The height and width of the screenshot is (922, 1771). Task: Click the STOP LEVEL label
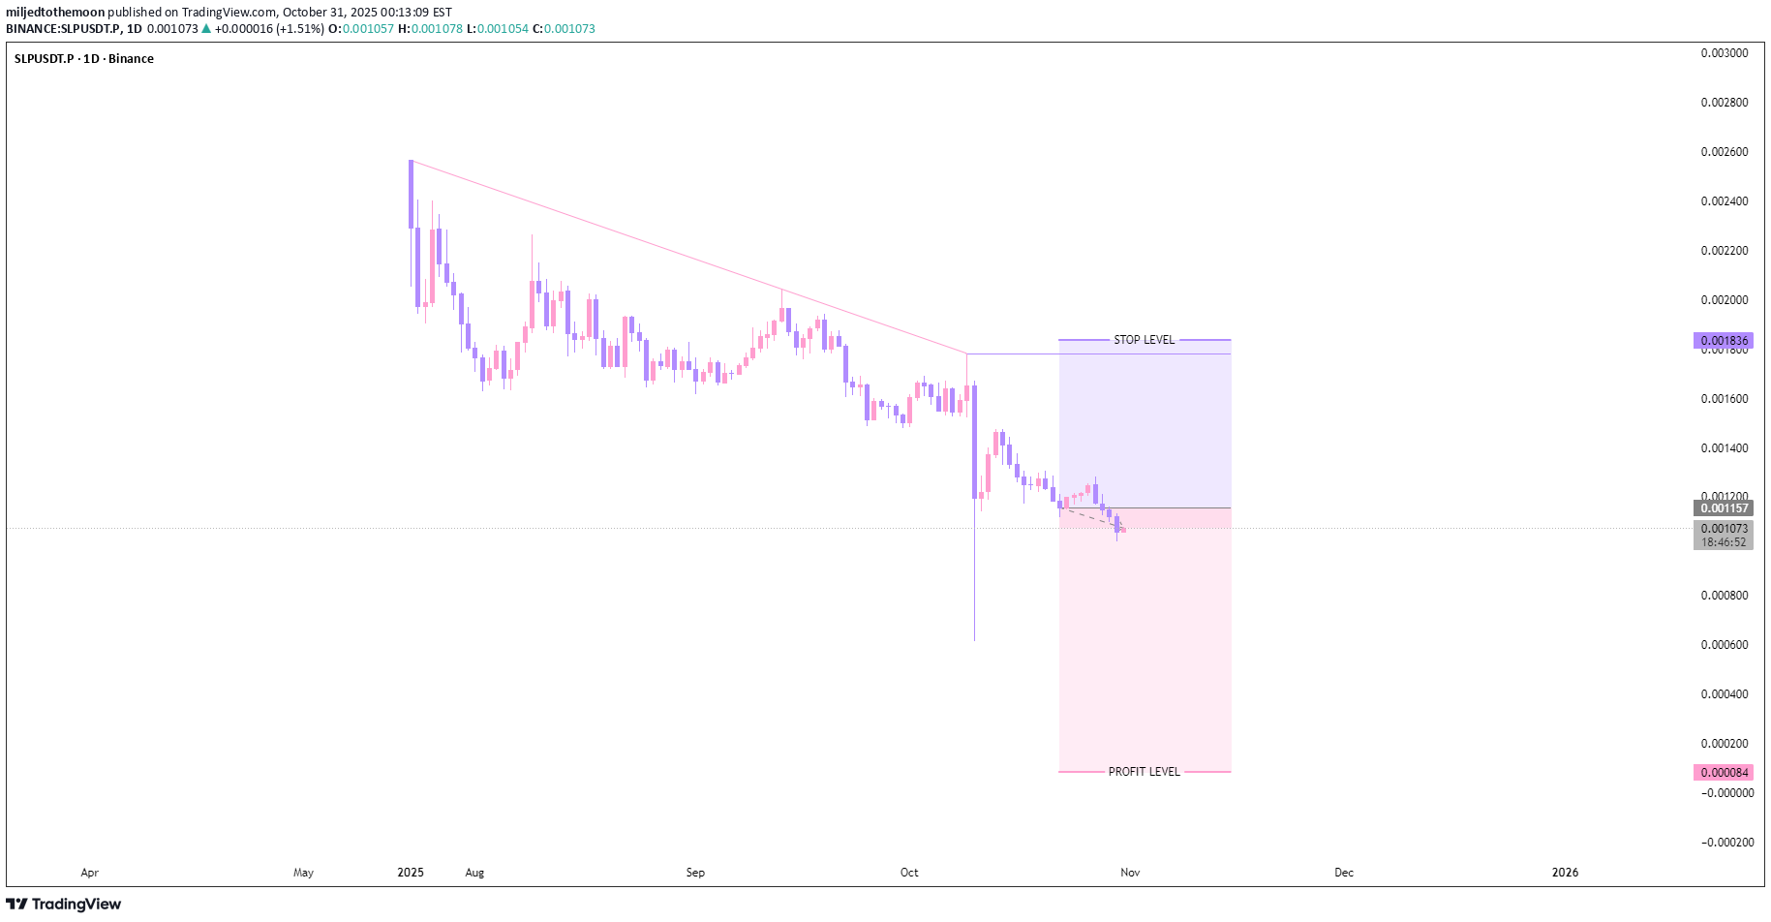pyautogui.click(x=1144, y=340)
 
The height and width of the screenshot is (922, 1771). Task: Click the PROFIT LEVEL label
pyautogui.click(x=1144, y=772)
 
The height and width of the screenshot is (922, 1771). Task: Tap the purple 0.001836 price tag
pyautogui.click(x=1725, y=341)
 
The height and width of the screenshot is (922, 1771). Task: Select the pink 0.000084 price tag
pyautogui.click(x=1725, y=773)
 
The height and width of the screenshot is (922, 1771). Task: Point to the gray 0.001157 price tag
pyautogui.click(x=1725, y=508)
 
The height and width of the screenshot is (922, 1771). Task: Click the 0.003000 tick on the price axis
pyautogui.click(x=1725, y=53)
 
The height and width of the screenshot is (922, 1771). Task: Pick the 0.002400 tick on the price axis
pyautogui.click(x=1725, y=201)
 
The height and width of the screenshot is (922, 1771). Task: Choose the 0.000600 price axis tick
pyautogui.click(x=1725, y=645)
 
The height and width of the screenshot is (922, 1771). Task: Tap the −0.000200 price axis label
pyautogui.click(x=1726, y=843)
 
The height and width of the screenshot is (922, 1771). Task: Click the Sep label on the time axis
pyautogui.click(x=695, y=873)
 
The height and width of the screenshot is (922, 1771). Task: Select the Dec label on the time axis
pyautogui.click(x=1344, y=873)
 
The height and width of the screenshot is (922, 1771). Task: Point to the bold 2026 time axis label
pyautogui.click(x=1565, y=873)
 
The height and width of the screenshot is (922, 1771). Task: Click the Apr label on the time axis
pyautogui.click(x=90, y=873)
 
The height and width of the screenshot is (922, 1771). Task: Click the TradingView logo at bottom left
pyautogui.click(x=64, y=905)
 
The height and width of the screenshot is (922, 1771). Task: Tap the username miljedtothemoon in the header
pyautogui.click(x=55, y=13)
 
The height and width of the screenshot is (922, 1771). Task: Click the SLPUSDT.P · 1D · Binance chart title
pyautogui.click(x=84, y=59)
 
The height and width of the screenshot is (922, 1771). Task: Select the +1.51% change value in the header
pyautogui.click(x=300, y=29)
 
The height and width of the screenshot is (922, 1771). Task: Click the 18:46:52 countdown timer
pyautogui.click(x=1725, y=542)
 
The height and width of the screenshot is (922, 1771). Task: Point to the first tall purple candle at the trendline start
pyautogui.click(x=412, y=194)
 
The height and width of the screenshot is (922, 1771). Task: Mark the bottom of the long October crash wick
pyautogui.click(x=974, y=639)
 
